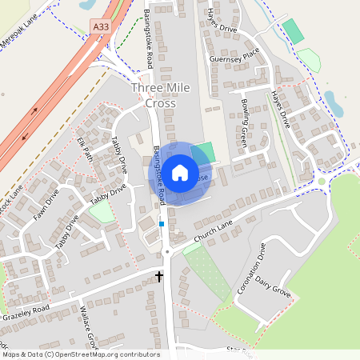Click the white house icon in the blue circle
(180, 172)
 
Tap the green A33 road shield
(101, 26)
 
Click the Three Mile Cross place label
(166, 96)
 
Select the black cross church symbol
(159, 277)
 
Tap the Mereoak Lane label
(19, 38)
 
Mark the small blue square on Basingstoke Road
(162, 225)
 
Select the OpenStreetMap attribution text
(80, 354)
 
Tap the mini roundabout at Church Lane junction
(168, 252)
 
